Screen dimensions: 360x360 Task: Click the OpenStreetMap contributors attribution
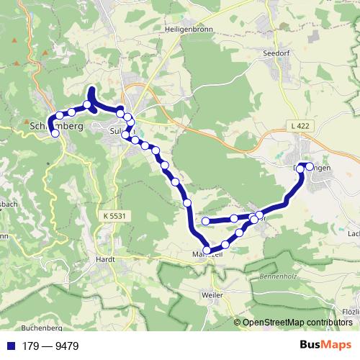click(x=295, y=322)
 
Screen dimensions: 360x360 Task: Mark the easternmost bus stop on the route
click(x=310, y=166)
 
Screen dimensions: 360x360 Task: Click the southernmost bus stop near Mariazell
click(x=207, y=250)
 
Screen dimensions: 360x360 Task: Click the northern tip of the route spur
click(x=91, y=89)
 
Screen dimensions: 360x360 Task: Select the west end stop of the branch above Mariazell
click(x=206, y=221)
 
